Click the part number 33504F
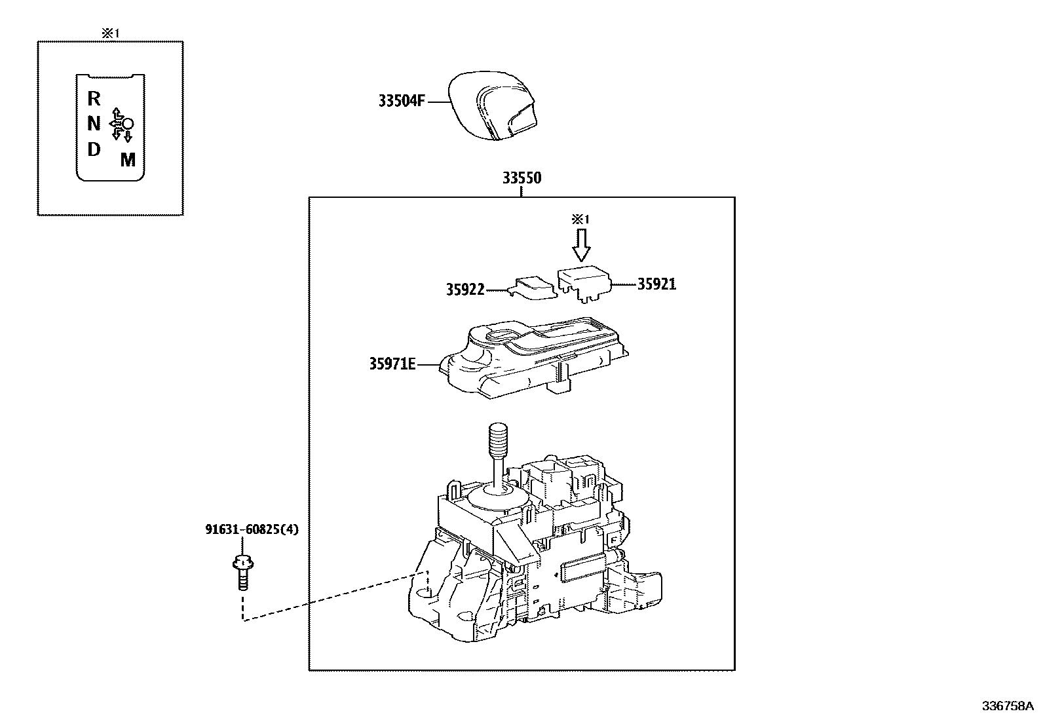(401, 102)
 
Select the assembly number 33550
(521, 178)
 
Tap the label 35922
(465, 290)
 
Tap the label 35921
(656, 284)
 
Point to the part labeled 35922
(534, 287)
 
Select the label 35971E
(392, 364)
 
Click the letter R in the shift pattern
(94, 99)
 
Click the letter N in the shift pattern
(94, 124)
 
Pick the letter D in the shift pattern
(94, 149)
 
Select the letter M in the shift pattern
(128, 159)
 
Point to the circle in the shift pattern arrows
(128, 123)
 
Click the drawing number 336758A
(1006, 706)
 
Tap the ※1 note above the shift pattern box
(110, 32)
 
